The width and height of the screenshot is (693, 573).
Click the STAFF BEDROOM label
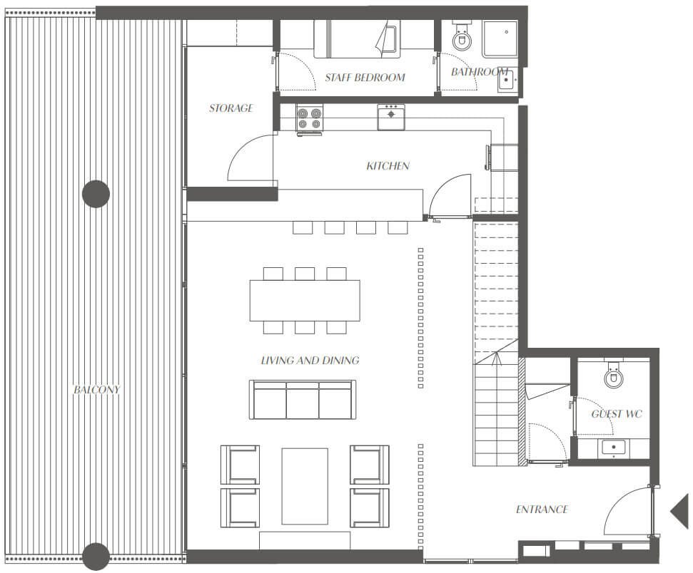pyautogui.click(x=365, y=78)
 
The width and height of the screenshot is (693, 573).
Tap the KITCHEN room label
pyautogui.click(x=388, y=166)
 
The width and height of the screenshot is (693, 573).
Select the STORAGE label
pyautogui.click(x=231, y=108)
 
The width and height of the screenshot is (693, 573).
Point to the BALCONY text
pyautogui.click(x=96, y=389)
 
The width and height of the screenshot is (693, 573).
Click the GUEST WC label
pyautogui.click(x=617, y=413)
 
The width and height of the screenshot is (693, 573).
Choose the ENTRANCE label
pyautogui.click(x=542, y=510)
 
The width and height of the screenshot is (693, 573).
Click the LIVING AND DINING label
pyautogui.click(x=310, y=360)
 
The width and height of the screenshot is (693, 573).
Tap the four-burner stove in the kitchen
pyautogui.click(x=309, y=118)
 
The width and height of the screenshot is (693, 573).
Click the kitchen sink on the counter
pyautogui.click(x=390, y=117)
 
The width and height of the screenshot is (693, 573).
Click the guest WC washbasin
pyautogui.click(x=614, y=448)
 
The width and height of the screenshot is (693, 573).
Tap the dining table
pyautogui.click(x=305, y=300)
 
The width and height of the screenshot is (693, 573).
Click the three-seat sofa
pyautogui.click(x=303, y=400)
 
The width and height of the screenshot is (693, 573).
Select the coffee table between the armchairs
pyautogui.click(x=305, y=486)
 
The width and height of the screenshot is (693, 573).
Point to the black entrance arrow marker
pyautogui.click(x=681, y=511)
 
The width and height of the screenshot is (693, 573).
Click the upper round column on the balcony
pyautogui.click(x=96, y=194)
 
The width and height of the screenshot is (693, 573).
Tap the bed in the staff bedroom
pyautogui.click(x=357, y=39)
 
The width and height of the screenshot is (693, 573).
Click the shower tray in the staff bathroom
pyautogui.click(x=500, y=39)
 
